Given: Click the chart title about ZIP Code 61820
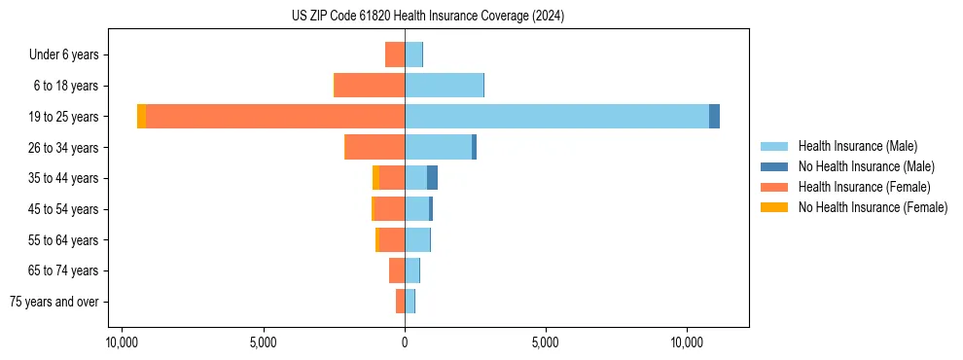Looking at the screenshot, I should [x=427, y=17].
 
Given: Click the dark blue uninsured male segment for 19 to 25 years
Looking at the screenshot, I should [x=714, y=116].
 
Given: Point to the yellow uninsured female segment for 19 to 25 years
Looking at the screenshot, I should [x=142, y=116].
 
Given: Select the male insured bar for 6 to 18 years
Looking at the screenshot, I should [x=444, y=86].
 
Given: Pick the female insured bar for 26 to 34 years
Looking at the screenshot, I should [x=375, y=147].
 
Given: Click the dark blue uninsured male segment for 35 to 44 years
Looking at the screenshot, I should [x=432, y=178].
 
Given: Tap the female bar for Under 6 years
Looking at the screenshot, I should [x=395, y=54].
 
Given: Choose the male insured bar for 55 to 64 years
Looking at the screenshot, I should [x=417, y=239].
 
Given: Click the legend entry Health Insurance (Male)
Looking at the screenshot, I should [x=857, y=146].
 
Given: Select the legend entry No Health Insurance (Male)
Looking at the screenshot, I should [x=866, y=166].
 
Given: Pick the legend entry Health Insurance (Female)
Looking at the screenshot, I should [x=864, y=187].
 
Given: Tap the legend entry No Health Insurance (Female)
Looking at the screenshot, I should [x=873, y=207].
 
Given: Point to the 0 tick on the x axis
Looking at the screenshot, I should [x=405, y=342].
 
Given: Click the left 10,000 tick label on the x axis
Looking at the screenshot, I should [x=122, y=342].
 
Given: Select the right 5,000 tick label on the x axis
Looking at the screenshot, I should [x=546, y=342].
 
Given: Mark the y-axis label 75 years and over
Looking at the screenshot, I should [x=54, y=302].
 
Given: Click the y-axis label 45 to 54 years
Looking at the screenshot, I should [x=63, y=209].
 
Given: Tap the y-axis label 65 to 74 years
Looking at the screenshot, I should [x=63, y=270].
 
